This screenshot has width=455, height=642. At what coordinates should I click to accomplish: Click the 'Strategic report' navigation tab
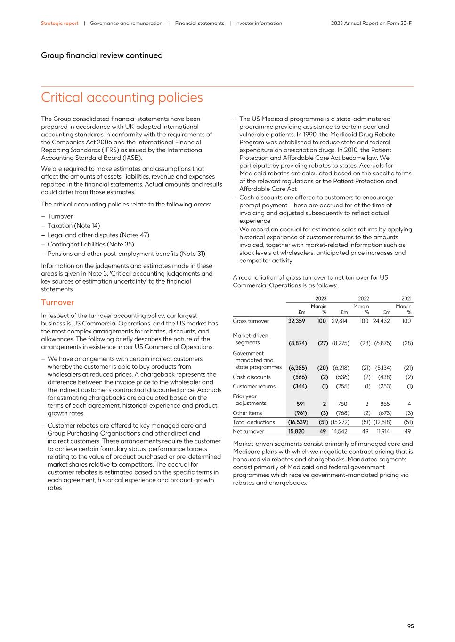pos(59,23)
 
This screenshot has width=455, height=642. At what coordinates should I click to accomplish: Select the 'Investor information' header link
pos(258,23)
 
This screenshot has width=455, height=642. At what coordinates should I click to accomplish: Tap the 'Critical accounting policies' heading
pos(122,97)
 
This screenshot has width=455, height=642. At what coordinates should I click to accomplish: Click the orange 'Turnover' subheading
pos(57,302)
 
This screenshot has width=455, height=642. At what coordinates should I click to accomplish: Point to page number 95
pos(410,626)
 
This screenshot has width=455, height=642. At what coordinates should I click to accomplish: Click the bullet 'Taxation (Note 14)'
pos(73,226)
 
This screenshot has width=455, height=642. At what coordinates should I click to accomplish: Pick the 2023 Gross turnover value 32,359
pos(297,321)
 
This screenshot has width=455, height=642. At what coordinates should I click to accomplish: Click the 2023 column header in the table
pos(321,298)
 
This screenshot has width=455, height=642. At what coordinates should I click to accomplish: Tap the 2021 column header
pos(406,298)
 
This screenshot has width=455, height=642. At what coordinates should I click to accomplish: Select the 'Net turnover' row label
pos(248,431)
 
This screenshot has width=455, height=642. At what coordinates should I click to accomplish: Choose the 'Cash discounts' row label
pos(252,377)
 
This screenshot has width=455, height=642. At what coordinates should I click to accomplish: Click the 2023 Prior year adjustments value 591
pos(301,404)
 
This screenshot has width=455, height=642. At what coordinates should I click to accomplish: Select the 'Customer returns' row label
pos(254,386)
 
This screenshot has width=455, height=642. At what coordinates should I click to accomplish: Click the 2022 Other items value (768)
pos(342,413)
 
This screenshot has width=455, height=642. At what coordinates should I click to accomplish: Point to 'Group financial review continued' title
pos(102,55)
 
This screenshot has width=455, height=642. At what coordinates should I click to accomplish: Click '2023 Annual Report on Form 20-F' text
pos(371,23)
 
